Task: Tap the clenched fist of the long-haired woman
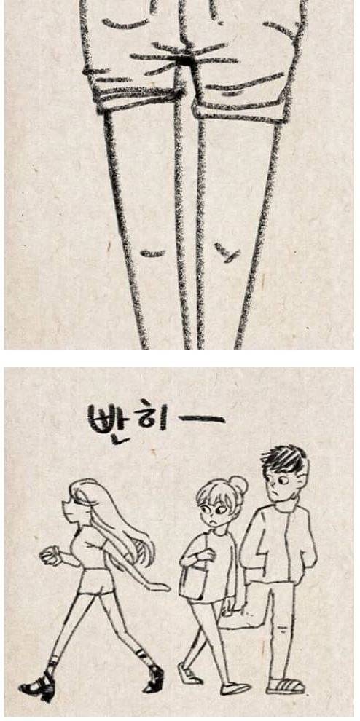coord(48,556)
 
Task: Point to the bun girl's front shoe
coord(235,687)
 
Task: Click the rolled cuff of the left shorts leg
coord(135,95)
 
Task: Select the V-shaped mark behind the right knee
coord(228,253)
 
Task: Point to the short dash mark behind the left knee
coord(152,253)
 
